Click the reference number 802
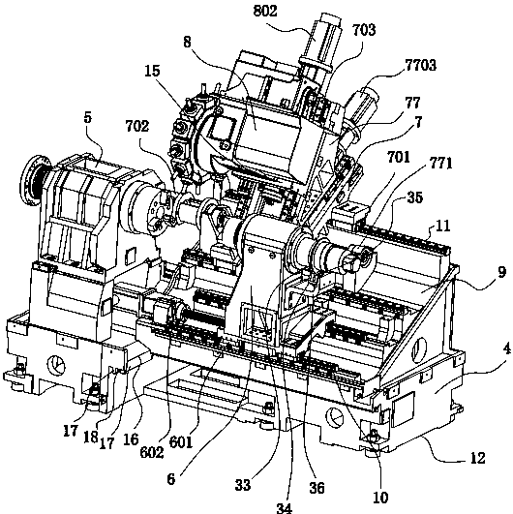pyautogui.click(x=265, y=11)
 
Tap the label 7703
pyautogui.click(x=421, y=65)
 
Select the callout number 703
pyautogui.click(x=364, y=30)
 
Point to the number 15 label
pyautogui.click(x=152, y=71)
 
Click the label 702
pyautogui.click(x=137, y=126)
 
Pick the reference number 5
pyautogui.click(x=87, y=118)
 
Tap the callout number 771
pyautogui.click(x=440, y=163)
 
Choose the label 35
pyautogui.click(x=414, y=197)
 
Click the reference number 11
pyautogui.click(x=442, y=226)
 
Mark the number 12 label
pyautogui.click(x=477, y=458)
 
